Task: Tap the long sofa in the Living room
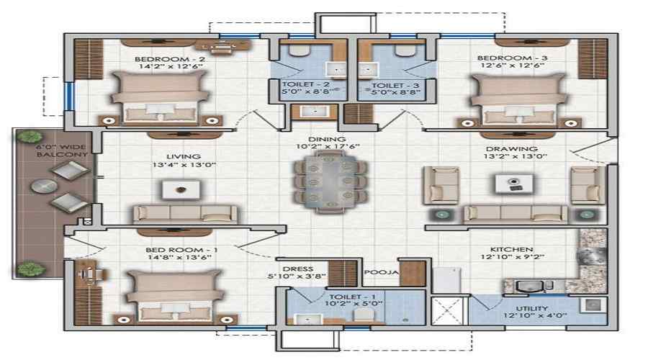(x=184, y=213)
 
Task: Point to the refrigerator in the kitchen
(x=445, y=281)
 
